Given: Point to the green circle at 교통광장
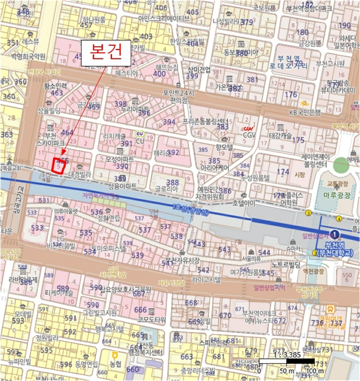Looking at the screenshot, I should (x=342, y=165).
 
